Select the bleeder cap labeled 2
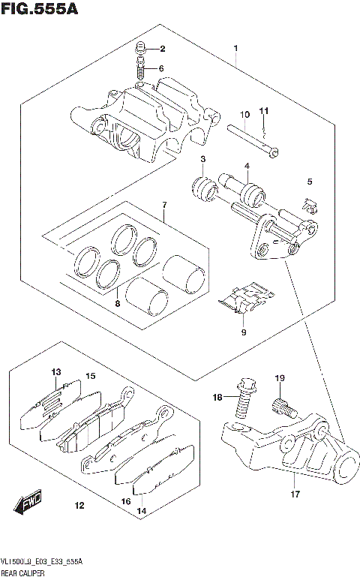pyautogui.click(x=140, y=50)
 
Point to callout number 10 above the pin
pyautogui.click(x=244, y=114)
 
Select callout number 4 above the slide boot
pyautogui.click(x=245, y=166)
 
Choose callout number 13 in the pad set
pyautogui.click(x=56, y=372)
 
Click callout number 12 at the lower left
pyautogui.click(x=79, y=506)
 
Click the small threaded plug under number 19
pyautogui.click(x=280, y=407)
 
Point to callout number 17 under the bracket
pyautogui.click(x=295, y=494)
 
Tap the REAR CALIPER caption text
pyautogui.click(x=22, y=572)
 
